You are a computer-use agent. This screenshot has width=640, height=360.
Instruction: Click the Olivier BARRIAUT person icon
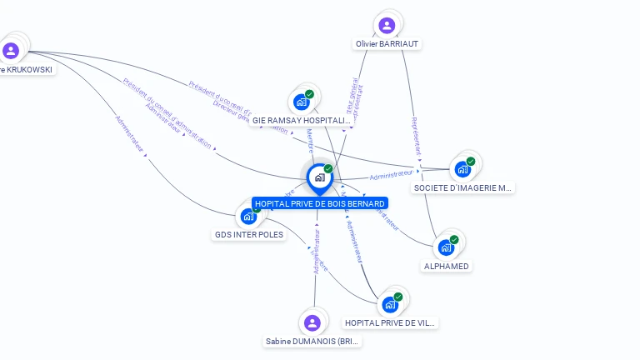point(387,25)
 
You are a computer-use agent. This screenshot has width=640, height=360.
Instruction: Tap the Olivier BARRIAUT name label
point(387,43)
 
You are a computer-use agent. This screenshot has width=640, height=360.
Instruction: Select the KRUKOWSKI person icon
point(11,51)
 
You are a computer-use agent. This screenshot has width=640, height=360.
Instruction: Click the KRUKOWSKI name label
point(27,69)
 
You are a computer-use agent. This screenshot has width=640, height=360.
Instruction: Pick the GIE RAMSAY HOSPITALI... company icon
point(301,102)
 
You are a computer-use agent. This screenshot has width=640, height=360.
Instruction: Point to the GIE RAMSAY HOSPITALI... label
point(301,120)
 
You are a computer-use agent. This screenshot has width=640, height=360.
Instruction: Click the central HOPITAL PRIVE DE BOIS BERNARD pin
point(318,177)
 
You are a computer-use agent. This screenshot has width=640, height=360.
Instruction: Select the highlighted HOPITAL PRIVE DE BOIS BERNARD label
point(319,203)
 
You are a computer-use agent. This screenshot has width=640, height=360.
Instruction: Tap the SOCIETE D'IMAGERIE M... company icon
point(462,169)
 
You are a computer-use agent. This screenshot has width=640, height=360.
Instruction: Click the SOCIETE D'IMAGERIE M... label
point(462,187)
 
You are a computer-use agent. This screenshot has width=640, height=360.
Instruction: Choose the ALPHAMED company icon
point(446,247)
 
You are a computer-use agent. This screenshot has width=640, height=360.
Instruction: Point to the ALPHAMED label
point(447,266)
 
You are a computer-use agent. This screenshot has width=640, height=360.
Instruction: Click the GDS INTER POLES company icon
point(248,217)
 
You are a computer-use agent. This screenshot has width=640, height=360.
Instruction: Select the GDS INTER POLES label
point(248,234)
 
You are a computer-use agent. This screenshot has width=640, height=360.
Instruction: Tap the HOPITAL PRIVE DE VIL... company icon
point(389,304)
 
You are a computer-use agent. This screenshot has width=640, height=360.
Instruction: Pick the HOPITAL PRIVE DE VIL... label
point(390,322)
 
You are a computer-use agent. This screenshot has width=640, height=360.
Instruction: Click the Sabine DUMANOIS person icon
point(312,322)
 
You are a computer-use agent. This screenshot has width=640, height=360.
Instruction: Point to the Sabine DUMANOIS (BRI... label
point(312,341)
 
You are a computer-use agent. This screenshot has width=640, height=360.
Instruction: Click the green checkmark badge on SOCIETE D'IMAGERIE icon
point(471,162)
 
